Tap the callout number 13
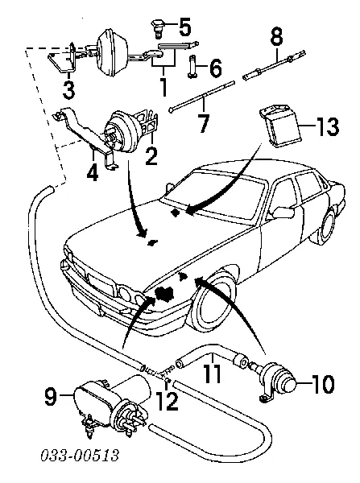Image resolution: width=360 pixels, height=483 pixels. [x=327, y=126]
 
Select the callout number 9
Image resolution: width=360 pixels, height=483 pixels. [x=52, y=395]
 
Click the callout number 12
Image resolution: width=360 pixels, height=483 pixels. [x=168, y=401]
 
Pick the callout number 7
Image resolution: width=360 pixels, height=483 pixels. [x=204, y=123]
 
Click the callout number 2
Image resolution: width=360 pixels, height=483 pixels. [x=151, y=156]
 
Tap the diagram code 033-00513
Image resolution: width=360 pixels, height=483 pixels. [x=80, y=455]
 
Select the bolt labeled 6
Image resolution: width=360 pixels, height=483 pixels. [x=192, y=66]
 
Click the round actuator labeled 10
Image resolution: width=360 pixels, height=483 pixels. [x=276, y=381]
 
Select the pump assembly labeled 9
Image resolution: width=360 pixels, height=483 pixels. [x=113, y=406]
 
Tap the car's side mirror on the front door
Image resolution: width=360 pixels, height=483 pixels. [x=283, y=213]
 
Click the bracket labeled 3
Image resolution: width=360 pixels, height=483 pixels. [x=63, y=60]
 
